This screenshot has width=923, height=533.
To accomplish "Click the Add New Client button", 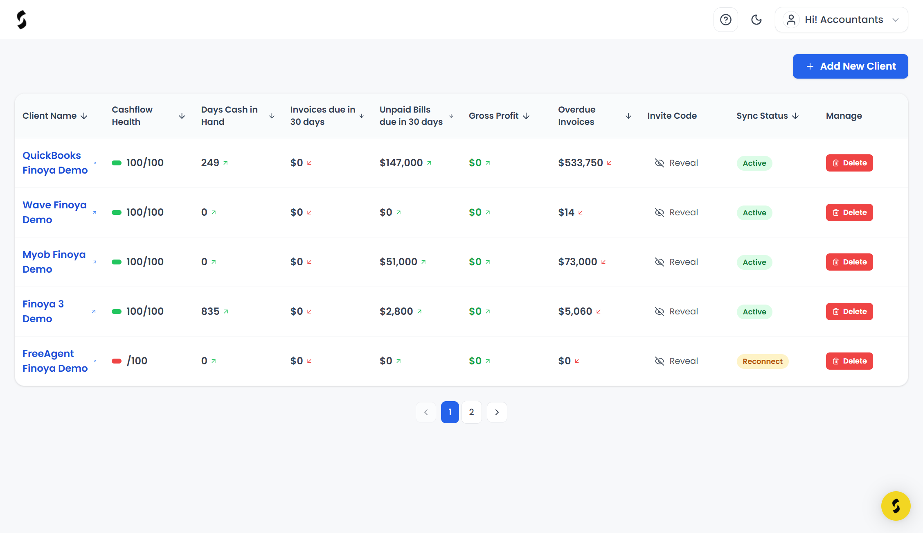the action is [850, 66].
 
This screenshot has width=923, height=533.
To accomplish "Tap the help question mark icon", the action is [726, 20].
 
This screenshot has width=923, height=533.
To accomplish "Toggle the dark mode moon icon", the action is [756, 20].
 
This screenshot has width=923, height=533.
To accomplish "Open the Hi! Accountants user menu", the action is [841, 20].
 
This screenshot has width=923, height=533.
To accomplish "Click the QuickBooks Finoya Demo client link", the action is [55, 163].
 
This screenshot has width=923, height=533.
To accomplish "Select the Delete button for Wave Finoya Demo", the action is [849, 212].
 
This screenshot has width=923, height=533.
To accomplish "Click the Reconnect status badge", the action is [763, 361].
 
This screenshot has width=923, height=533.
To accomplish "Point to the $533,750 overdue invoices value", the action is [581, 163].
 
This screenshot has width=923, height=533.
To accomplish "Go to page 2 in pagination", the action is [472, 412].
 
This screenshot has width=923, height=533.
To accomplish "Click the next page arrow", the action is [497, 412].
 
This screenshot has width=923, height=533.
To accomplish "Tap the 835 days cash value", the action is [210, 312].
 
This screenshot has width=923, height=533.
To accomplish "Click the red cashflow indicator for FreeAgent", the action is [117, 361].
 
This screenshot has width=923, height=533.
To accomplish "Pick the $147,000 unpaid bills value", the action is [401, 163].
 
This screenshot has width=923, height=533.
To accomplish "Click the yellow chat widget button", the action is [896, 506].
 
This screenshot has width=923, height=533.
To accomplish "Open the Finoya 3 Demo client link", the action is [43, 312].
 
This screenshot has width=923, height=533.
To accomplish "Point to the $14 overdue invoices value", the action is [566, 212].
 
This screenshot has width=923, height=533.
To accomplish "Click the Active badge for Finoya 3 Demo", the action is [754, 312].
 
